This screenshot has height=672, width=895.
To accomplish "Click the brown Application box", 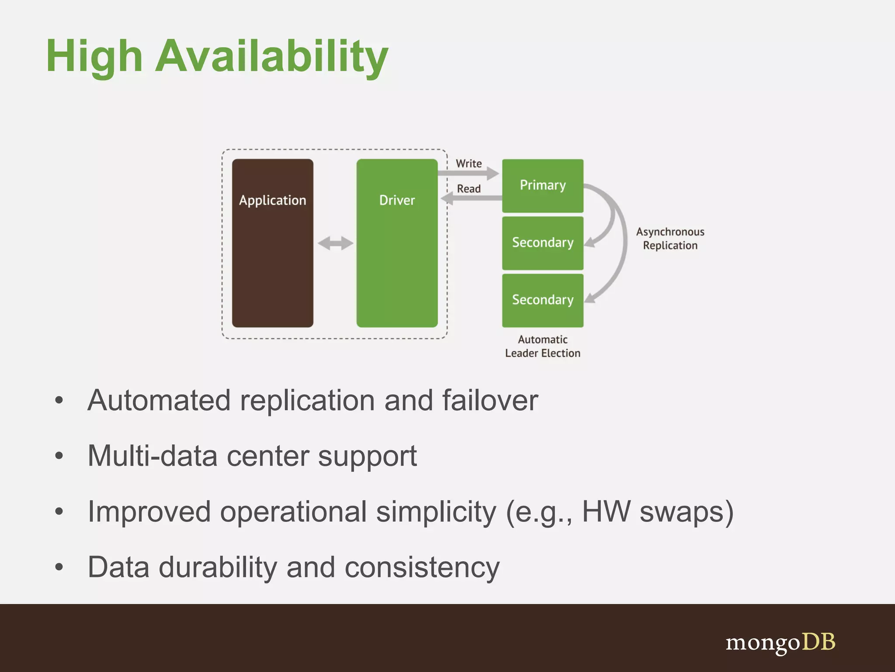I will tap(272, 243).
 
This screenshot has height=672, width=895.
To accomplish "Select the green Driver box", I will tap(397, 243).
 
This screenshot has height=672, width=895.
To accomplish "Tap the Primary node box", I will tap(542, 185).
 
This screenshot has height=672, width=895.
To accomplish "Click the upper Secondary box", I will tap(542, 243).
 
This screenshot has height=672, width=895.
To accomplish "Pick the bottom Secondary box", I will tap(542, 300).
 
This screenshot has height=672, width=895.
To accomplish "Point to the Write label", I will tap(468, 164).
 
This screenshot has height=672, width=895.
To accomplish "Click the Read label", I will tap(468, 189).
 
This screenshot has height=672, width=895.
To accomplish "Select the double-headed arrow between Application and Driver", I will tap(335, 243).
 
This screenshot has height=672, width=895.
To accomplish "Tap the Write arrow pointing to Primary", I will tap(468, 173).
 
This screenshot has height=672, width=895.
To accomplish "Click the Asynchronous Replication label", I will tap(670, 238).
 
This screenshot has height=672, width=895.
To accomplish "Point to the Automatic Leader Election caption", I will tap(542, 346).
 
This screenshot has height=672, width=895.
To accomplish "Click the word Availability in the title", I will tap(271, 57).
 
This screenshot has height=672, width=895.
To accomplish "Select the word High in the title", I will tap(94, 57).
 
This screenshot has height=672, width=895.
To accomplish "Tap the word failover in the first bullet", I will tap(490, 400).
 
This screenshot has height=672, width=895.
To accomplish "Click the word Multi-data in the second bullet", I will tap(152, 456).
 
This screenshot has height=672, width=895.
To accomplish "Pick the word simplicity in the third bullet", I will tap(436, 511).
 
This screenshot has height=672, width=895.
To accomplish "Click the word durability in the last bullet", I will tap(218, 567).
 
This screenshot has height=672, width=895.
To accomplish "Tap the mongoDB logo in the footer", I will tap(781, 643).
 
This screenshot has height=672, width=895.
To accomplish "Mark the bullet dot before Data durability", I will tap(59, 567).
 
